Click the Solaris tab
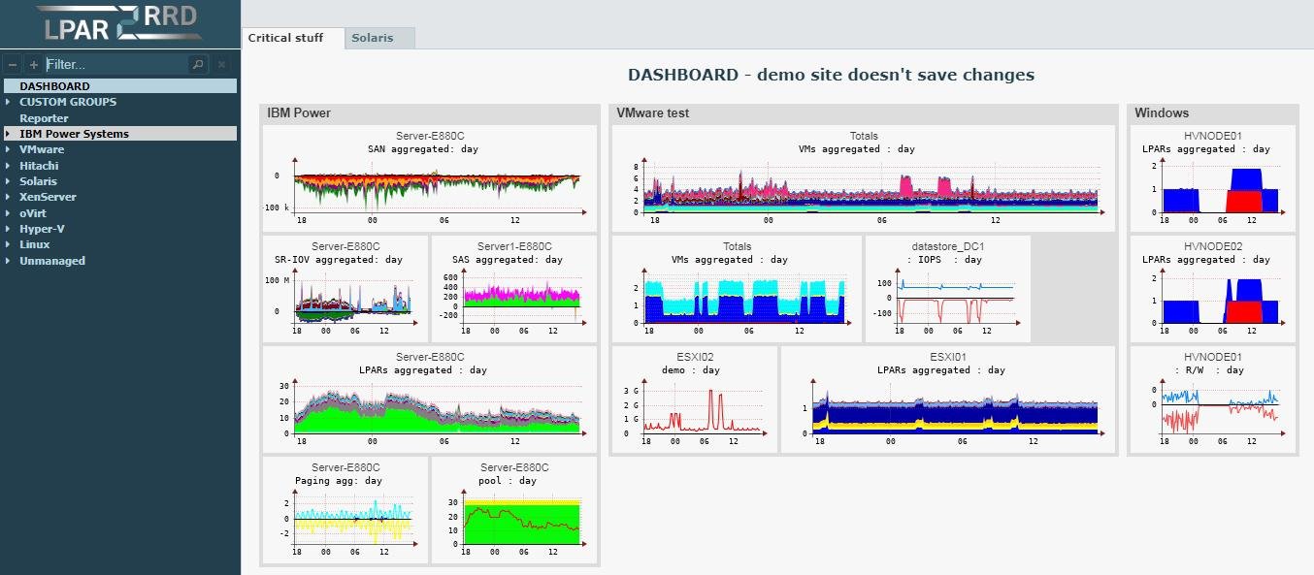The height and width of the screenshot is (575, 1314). pyautogui.click(x=373, y=38)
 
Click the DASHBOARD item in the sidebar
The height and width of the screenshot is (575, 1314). pyautogui.click(x=54, y=86)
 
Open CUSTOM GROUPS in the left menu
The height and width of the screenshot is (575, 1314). pyautogui.click(x=68, y=102)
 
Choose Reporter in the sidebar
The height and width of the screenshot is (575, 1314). pyautogui.click(x=44, y=118)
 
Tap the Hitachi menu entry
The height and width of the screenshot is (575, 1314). pyautogui.click(x=39, y=166)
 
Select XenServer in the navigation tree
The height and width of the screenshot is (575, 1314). pyautogui.click(x=48, y=197)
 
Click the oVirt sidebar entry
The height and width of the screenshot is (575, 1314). pyautogui.click(x=34, y=213)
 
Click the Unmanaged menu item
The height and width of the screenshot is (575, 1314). pyautogui.click(x=52, y=261)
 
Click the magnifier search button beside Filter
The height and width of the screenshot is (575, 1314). pyautogui.click(x=198, y=64)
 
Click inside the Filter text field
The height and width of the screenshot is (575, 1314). pyautogui.click(x=115, y=64)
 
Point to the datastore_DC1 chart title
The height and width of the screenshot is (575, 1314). pyautogui.click(x=947, y=246)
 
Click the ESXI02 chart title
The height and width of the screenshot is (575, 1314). pyautogui.click(x=693, y=357)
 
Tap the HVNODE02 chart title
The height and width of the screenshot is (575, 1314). pyautogui.click(x=1213, y=246)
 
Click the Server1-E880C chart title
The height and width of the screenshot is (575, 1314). pyautogui.click(x=514, y=246)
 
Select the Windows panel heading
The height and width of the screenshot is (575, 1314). pyautogui.click(x=1162, y=112)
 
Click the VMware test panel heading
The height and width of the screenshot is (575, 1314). pyautogui.click(x=653, y=112)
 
